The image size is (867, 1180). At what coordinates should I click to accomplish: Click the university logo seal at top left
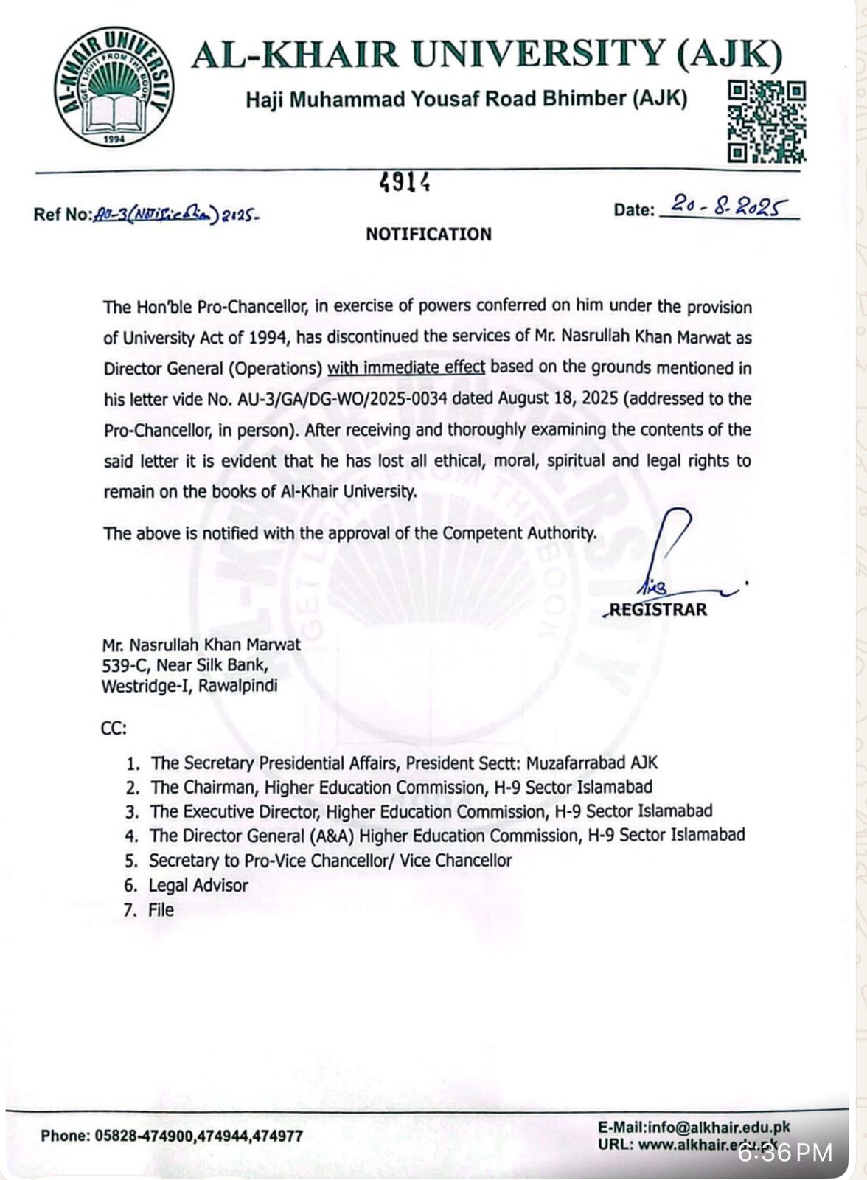pos(114,87)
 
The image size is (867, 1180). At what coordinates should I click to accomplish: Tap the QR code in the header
pos(767,121)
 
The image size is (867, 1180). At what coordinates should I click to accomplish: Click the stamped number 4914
pos(405,182)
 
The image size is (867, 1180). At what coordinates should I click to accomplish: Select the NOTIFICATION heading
pos(428,235)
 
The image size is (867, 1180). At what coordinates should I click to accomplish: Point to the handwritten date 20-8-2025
pos(727,206)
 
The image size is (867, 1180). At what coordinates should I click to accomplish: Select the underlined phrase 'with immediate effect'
pos(406,367)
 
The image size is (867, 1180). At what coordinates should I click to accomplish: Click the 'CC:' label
pos(114,729)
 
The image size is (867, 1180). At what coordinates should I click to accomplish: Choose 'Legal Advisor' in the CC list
pos(198,885)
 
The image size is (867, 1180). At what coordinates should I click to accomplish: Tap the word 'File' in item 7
pos(161,909)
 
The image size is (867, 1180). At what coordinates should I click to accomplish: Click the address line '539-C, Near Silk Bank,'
pos(184,665)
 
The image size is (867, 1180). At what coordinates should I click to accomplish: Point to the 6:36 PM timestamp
pos(785,1152)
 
